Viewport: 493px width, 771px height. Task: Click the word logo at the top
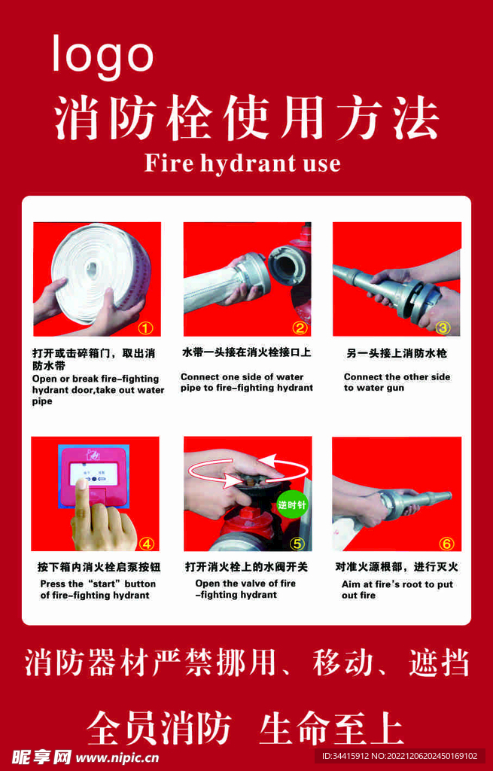pyautogui.click(x=103, y=55)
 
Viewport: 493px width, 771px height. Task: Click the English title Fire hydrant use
pyautogui.click(x=242, y=163)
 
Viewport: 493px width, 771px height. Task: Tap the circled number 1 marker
pyautogui.click(x=145, y=328)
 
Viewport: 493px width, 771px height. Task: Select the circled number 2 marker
pyautogui.click(x=300, y=328)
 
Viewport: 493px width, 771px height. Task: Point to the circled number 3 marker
pyautogui.click(x=443, y=328)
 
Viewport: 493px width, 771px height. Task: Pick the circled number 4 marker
pyautogui.click(x=147, y=544)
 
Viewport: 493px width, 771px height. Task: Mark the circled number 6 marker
pyautogui.click(x=446, y=544)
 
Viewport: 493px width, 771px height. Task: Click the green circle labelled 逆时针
pyautogui.click(x=291, y=504)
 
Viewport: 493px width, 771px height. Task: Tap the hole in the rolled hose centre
pyautogui.click(x=93, y=269)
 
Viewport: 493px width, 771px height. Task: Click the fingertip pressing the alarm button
pyautogui.click(x=82, y=484)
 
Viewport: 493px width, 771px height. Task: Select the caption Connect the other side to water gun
pyautogui.click(x=397, y=382)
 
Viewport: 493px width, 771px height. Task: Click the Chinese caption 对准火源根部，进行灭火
pyautogui.click(x=397, y=567)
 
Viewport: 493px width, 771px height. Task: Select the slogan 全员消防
pyautogui.click(x=160, y=728)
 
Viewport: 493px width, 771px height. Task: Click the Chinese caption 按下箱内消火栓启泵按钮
pyautogui.click(x=99, y=567)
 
